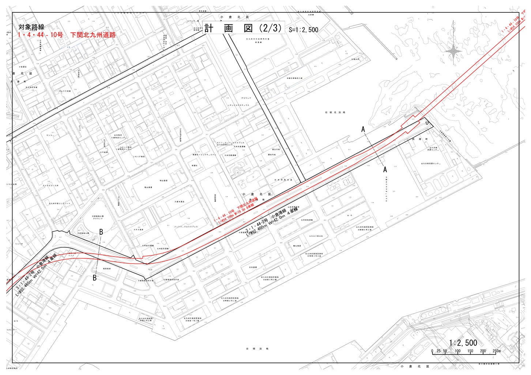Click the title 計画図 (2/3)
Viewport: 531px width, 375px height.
coord(243,29)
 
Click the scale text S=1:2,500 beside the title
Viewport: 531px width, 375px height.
coord(303,30)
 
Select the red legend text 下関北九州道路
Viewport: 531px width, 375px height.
coord(95,35)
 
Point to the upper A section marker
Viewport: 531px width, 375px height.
coord(364,129)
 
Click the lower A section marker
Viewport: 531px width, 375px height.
coord(385,170)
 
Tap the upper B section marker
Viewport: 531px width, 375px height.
coord(101,231)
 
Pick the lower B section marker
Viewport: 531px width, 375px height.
coord(94,278)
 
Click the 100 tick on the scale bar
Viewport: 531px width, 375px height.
coord(457,351)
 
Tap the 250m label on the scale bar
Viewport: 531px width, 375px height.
coord(497,351)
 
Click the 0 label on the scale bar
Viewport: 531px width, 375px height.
coord(432,351)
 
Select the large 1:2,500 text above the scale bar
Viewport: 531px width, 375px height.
coord(463,343)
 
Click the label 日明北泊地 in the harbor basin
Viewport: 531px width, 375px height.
coord(335,112)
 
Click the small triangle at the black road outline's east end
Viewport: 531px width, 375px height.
coord(427,124)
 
